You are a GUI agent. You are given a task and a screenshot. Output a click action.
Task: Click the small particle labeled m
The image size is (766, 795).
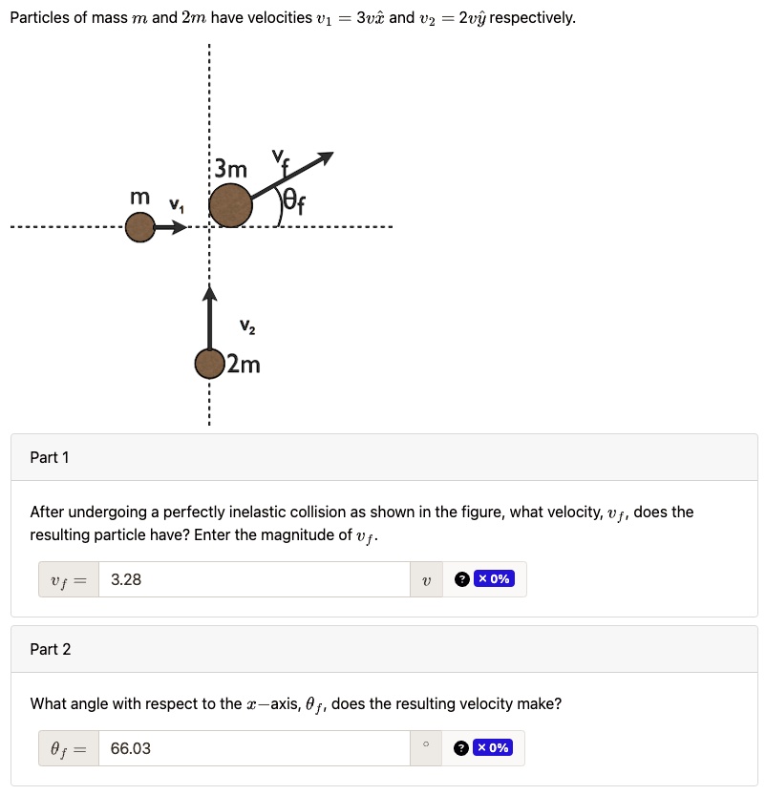click(x=139, y=229)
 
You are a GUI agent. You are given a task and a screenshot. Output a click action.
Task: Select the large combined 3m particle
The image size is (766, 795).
click(x=230, y=205)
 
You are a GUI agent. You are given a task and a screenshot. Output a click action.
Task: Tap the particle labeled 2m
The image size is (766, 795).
click(x=208, y=364)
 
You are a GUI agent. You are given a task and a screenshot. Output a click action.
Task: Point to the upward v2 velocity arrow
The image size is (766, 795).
click(x=208, y=314)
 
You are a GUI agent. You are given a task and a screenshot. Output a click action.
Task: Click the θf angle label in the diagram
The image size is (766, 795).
click(x=293, y=203)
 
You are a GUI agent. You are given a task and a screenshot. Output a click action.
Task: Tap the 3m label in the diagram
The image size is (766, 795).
click(x=230, y=170)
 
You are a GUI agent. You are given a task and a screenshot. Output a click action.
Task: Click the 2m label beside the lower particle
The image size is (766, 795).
click(x=244, y=365)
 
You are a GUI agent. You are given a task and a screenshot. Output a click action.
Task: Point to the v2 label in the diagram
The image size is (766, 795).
click(x=247, y=328)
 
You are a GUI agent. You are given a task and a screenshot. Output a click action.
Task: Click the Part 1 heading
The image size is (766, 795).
click(x=50, y=458)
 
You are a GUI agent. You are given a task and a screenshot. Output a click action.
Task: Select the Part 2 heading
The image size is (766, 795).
click(x=51, y=650)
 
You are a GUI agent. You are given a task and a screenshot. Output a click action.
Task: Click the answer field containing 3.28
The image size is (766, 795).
click(x=253, y=579)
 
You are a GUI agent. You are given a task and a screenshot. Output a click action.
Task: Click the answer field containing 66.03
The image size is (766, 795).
click(x=253, y=749)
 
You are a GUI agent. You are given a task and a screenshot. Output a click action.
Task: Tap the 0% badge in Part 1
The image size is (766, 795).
click(x=494, y=579)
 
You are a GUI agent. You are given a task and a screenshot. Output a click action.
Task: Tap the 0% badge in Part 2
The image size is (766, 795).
click(x=493, y=748)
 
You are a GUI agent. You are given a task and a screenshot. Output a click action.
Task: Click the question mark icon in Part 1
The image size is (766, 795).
click(x=462, y=579)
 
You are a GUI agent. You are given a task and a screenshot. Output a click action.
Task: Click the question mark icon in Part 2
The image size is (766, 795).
click(x=461, y=748)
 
